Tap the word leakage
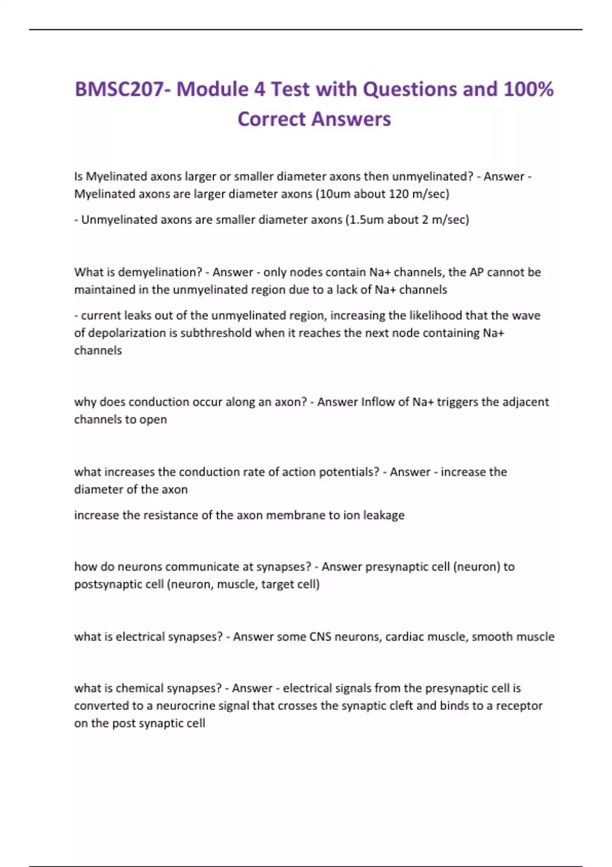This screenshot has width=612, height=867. [384, 515]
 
